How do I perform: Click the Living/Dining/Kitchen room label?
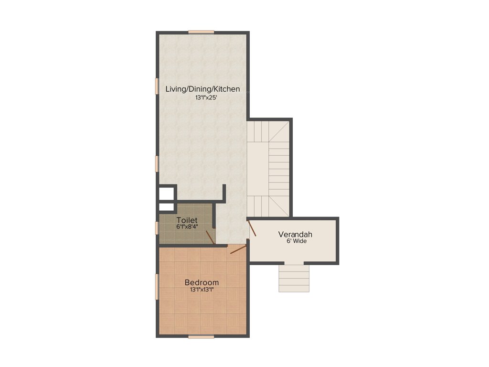tap(202, 89)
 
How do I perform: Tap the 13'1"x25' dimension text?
tap(202, 97)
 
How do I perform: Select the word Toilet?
tap(187, 220)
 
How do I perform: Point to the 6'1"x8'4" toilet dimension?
tap(187, 227)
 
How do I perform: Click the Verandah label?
tap(295, 234)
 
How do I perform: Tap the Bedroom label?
tap(202, 282)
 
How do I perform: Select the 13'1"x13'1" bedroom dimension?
tap(202, 290)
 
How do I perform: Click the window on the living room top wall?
tap(201, 32)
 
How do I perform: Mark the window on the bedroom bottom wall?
tap(201, 337)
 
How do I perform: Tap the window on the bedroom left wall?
tap(157, 287)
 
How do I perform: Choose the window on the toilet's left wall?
tap(157, 228)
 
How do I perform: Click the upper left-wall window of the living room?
tap(157, 86)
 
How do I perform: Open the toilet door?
tap(210, 237)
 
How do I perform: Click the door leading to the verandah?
tap(252, 228)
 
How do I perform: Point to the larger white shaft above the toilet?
tap(166, 193)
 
